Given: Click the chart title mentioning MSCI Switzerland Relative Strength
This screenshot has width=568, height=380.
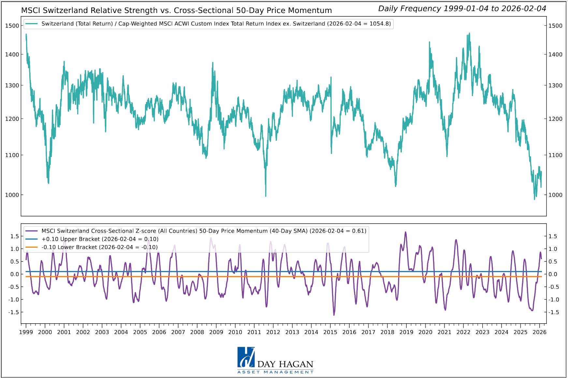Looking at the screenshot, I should tap(176, 10).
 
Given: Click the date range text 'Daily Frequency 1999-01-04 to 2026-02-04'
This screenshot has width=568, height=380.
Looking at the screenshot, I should tap(462, 9).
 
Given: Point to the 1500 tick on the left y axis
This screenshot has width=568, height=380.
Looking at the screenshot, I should tap(12, 26).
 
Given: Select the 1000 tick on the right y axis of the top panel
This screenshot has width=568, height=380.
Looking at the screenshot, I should tap(555, 195).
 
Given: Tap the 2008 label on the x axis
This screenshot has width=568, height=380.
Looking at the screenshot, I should tap(197, 332).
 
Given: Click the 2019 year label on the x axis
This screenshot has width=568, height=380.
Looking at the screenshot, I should tap(406, 332).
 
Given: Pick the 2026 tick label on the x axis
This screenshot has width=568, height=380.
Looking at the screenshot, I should tap(539, 332).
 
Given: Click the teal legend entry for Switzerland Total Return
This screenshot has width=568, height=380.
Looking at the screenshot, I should tap(216, 24).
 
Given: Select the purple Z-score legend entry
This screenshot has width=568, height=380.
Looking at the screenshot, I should tap(204, 231).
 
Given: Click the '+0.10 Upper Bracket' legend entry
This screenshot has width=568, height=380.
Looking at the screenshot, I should tap(100, 239).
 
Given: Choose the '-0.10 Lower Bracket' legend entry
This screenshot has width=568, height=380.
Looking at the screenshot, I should tap(99, 247).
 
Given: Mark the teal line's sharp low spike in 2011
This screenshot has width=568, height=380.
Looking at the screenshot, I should tap(266, 196).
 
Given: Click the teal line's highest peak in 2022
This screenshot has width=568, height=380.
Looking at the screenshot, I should tap(469, 33).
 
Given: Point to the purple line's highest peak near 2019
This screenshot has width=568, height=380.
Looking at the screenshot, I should tap(405, 232).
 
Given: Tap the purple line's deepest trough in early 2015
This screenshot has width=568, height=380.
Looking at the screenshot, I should tap(334, 315).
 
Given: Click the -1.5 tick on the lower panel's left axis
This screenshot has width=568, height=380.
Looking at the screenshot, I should tap(14, 312).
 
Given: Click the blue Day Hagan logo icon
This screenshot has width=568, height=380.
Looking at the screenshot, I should tap(246, 357).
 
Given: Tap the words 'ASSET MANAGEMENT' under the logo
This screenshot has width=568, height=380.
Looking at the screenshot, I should tap(275, 372).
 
